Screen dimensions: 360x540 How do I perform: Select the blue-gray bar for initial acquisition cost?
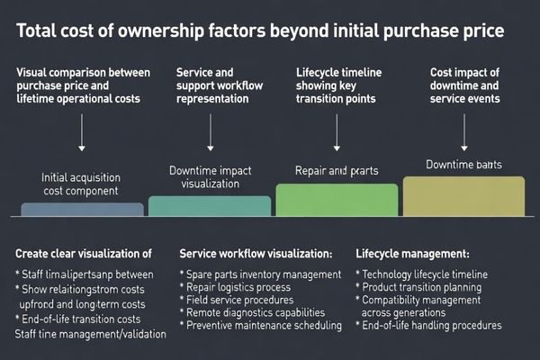[x=82, y=209]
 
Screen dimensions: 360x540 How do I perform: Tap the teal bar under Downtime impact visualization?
[x=209, y=206]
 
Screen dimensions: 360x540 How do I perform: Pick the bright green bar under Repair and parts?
[x=336, y=200]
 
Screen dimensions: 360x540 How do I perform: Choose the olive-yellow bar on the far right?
[x=463, y=196]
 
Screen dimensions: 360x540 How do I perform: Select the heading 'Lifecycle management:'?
[x=412, y=254]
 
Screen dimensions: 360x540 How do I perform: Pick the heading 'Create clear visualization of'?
[x=84, y=254]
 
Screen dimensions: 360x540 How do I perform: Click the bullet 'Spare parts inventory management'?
[x=261, y=274]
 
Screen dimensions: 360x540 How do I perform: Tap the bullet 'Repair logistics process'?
[x=236, y=287]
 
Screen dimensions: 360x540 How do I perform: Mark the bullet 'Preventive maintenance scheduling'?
[x=265, y=325]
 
